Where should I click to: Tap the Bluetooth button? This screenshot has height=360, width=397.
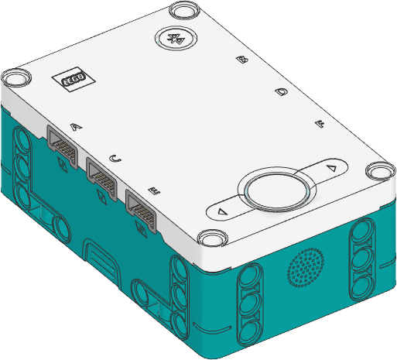point(176,38)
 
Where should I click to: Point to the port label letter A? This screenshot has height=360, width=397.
point(74,126)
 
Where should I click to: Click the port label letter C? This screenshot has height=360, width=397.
point(115,158)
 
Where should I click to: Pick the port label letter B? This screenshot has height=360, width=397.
point(242,60)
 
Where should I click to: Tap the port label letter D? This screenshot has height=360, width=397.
point(282,92)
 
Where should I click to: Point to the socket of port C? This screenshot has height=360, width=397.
point(102,177)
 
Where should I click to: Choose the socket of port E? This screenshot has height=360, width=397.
point(142,209)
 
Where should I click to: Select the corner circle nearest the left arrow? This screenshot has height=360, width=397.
point(210,238)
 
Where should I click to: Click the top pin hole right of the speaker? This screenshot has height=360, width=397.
point(363,235)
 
